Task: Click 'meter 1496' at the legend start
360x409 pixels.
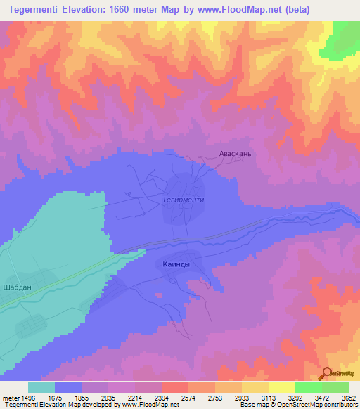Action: [x=20, y=397]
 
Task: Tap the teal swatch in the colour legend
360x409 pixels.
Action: [x=41, y=387]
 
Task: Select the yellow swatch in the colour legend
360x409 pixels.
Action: [x=282, y=387]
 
